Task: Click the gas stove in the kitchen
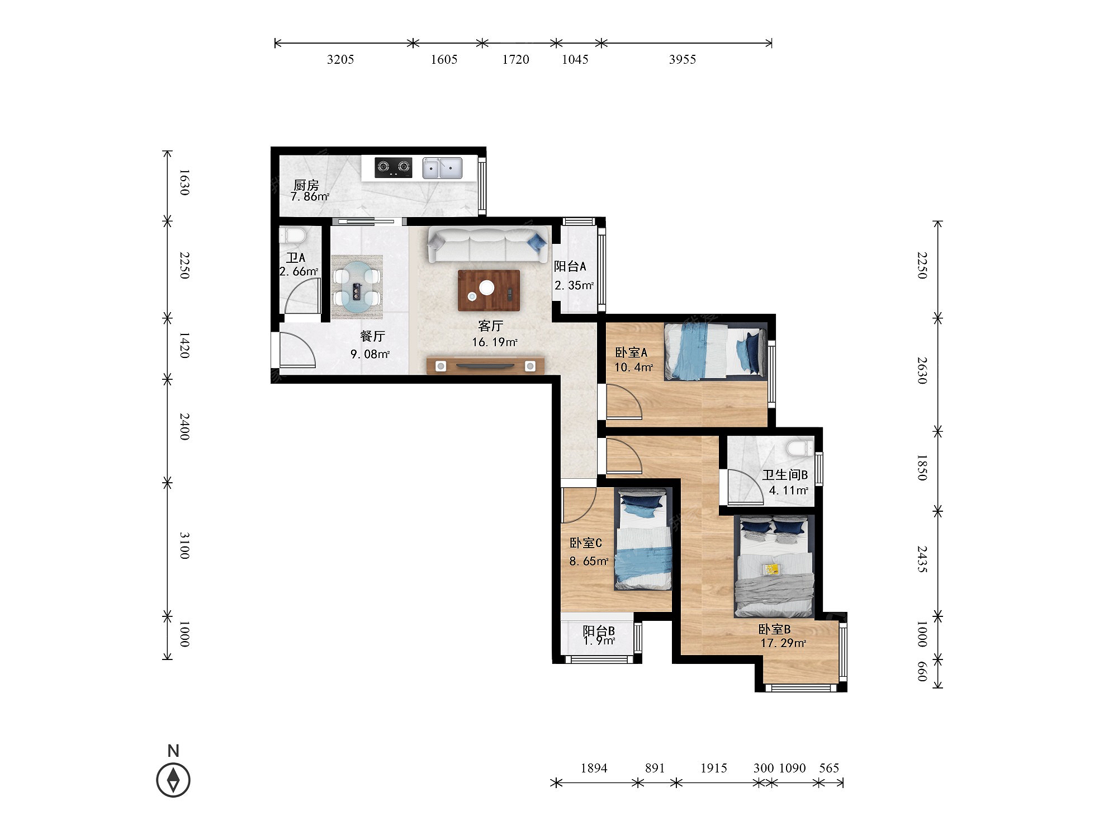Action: coord(394,168)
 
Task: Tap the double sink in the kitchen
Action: coord(442,168)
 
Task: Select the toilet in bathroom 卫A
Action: coord(292,235)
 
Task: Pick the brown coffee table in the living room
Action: coord(489,290)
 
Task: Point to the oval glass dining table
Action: coord(357,287)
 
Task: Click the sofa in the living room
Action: coord(487,244)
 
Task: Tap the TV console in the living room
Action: coord(485,366)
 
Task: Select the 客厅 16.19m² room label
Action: coord(494,334)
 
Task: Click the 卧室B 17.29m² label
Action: coord(783,636)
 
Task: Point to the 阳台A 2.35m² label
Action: coord(574,276)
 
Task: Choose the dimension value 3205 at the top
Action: coord(340,59)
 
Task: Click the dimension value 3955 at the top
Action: coord(683,59)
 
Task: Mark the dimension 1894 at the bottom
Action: coord(594,768)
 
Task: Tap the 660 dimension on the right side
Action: coord(922,671)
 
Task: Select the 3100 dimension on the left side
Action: coord(184,546)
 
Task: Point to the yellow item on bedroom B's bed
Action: coord(772,569)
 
